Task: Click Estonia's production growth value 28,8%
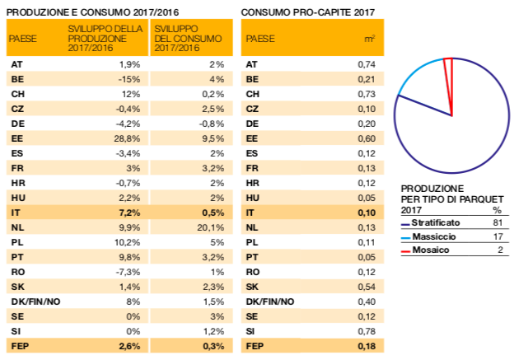pos(127,138)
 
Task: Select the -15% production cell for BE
pos(131,79)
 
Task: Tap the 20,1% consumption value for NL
pos(211,227)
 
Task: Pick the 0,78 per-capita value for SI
pos(367,331)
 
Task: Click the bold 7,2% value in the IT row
pos(129,213)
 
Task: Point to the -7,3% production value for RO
pos(128,272)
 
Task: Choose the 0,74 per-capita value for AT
pos(367,64)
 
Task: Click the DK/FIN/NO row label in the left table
pos(35,302)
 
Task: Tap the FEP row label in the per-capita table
pos(255,347)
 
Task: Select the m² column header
pos(369,39)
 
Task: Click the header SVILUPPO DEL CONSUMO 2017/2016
pos(188,39)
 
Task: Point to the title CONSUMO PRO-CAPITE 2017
pos(308,12)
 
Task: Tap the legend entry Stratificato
pos(436,222)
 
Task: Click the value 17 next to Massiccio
pos(498,236)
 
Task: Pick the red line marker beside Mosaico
pos(405,252)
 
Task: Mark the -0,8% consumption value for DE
pos(212,124)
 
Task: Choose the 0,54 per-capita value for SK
pos(367,287)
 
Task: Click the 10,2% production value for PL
pos(128,242)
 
